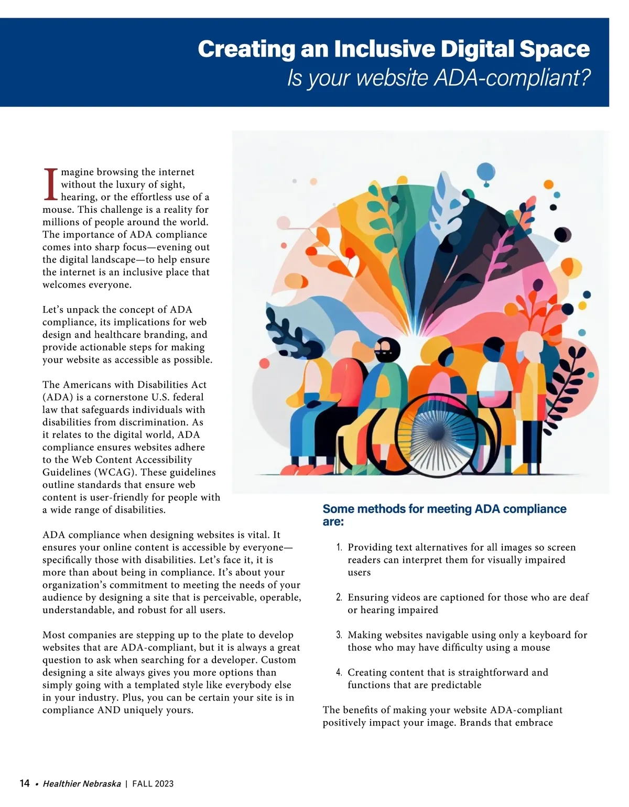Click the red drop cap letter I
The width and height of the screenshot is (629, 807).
(x=50, y=184)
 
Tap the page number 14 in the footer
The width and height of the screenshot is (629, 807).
(x=25, y=783)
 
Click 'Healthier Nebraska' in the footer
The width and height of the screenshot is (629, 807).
(x=82, y=784)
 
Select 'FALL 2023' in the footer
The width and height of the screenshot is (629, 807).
(x=153, y=784)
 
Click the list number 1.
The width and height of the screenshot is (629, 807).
(x=339, y=548)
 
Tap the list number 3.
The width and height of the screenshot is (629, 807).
(x=339, y=635)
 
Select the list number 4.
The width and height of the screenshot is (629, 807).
(x=339, y=673)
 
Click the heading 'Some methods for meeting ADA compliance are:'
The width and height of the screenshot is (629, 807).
(x=444, y=515)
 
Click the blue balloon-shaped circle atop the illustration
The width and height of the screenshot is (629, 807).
(x=486, y=171)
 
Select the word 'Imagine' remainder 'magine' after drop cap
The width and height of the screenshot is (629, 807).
(x=77, y=172)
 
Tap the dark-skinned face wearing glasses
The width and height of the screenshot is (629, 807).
(x=387, y=350)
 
